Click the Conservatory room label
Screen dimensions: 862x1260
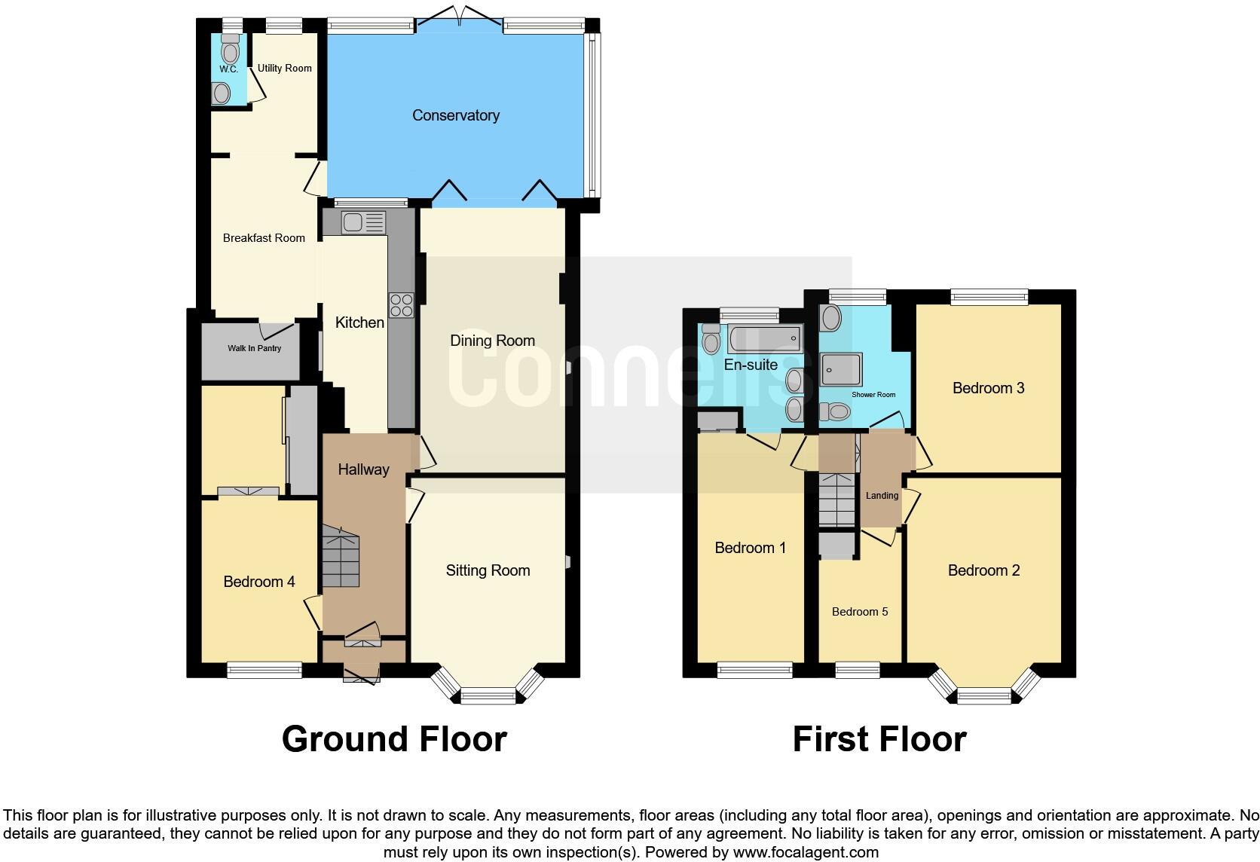tap(455, 115)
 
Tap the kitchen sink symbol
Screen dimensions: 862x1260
tap(363, 222)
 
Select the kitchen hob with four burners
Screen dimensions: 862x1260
tap(401, 304)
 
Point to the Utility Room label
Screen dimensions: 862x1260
tap(284, 68)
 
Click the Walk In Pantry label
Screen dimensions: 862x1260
tap(254, 348)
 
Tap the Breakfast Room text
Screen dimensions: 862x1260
tap(264, 238)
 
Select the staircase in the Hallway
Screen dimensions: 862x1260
tap(341, 558)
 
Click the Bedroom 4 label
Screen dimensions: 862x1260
tap(258, 582)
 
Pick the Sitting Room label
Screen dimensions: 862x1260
tap(488, 570)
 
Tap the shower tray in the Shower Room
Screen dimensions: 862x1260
tap(841, 369)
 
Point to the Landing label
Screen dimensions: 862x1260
tap(882, 496)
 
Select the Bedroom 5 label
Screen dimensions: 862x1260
tap(859, 612)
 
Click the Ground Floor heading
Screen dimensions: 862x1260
tap(393, 739)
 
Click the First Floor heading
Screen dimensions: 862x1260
tap(879, 739)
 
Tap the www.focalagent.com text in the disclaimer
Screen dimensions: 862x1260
tap(805, 852)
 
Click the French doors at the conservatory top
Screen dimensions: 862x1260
tap(458, 19)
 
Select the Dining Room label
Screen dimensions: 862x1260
tap(492, 341)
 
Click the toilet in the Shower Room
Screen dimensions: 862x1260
tap(834, 411)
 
